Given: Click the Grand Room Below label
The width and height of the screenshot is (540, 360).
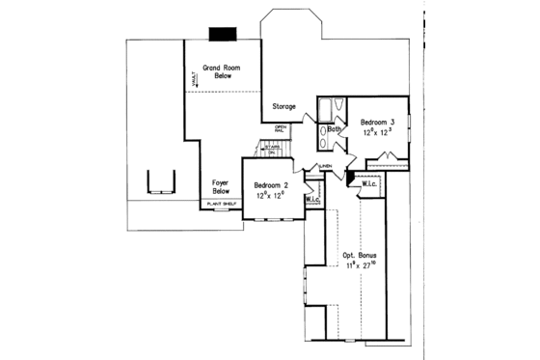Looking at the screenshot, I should (x=221, y=72).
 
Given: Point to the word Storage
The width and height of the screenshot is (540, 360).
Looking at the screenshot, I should (x=283, y=106).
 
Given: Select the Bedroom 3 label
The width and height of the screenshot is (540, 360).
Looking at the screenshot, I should (x=378, y=123).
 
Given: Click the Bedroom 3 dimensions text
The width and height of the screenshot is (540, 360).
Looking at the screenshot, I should (x=377, y=133).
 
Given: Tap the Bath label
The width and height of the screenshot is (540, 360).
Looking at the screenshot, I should (x=335, y=128).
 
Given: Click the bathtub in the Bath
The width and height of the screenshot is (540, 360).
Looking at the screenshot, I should (x=325, y=108).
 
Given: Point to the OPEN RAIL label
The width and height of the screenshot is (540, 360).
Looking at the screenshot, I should (x=282, y=128).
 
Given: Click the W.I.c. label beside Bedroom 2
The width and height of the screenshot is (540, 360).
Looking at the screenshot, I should (x=312, y=200).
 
